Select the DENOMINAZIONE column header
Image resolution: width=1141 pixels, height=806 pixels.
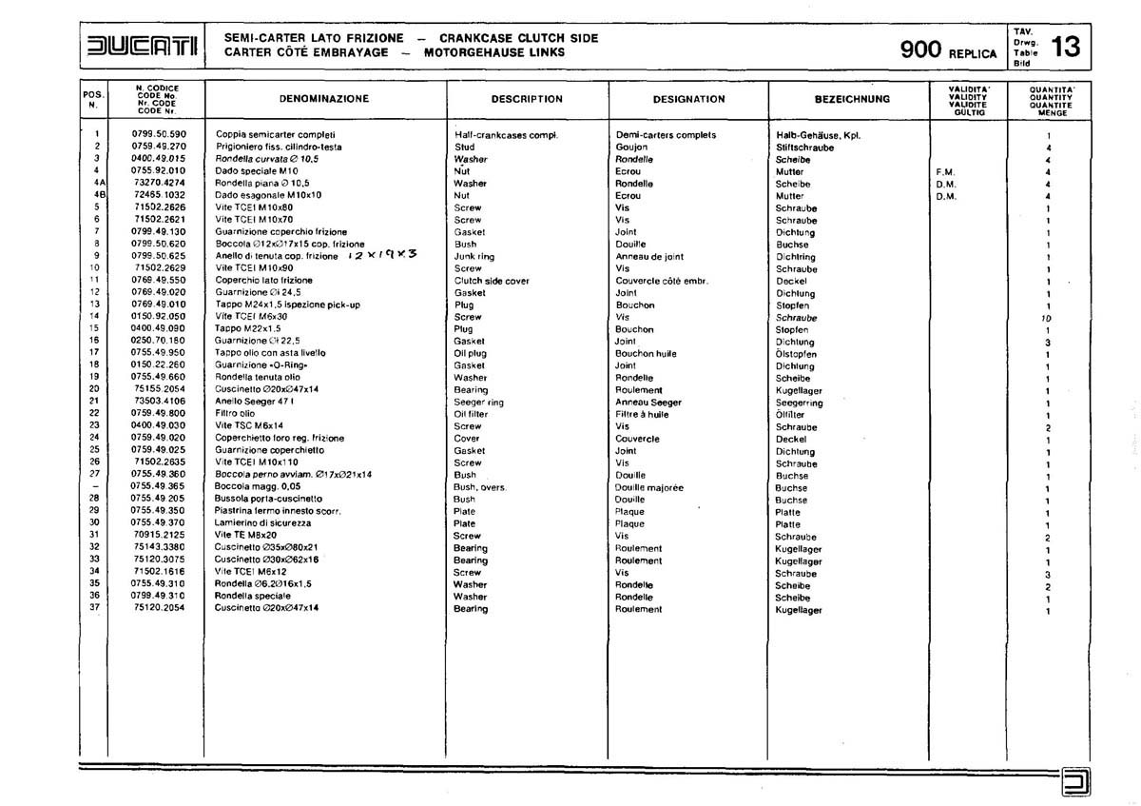click(324, 99)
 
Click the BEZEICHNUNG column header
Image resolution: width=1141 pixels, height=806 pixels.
click(852, 99)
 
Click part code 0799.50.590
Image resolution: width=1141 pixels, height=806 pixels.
click(160, 135)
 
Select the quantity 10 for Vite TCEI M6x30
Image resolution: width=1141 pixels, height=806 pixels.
click(1047, 318)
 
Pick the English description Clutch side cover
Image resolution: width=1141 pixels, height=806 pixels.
click(492, 281)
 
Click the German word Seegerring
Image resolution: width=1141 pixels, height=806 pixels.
click(800, 403)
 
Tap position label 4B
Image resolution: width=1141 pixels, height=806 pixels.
click(97, 196)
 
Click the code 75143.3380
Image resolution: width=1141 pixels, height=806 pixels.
click(160, 548)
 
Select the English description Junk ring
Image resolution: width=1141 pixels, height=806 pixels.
click(474, 257)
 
